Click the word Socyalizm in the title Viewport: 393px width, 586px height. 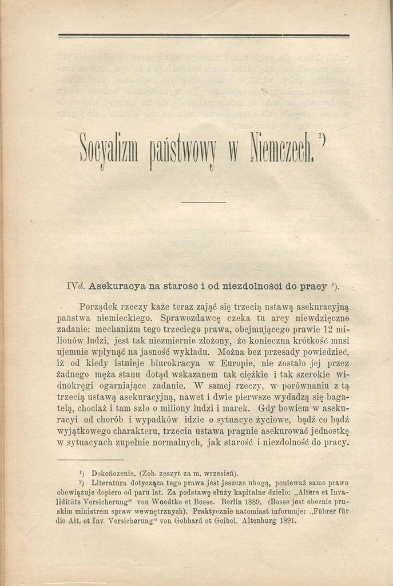(107, 150)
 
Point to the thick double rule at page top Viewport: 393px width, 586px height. (204, 35)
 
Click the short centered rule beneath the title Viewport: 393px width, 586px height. (204, 202)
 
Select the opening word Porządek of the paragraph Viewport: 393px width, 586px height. (99, 307)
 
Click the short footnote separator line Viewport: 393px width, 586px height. (90, 459)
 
